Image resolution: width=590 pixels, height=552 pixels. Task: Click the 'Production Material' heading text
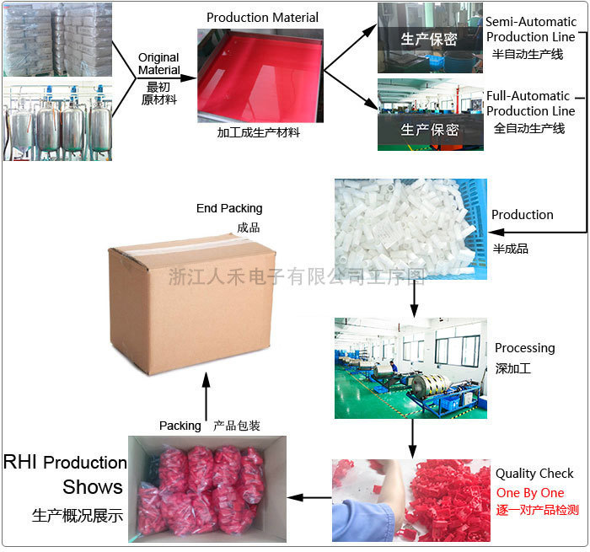[x=262, y=18]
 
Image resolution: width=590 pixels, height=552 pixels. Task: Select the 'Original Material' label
[x=159, y=64]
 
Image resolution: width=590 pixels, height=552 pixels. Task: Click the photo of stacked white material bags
[x=57, y=40]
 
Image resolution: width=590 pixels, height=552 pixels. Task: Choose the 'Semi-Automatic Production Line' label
[x=530, y=29]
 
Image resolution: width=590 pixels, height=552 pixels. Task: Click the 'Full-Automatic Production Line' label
[x=530, y=104]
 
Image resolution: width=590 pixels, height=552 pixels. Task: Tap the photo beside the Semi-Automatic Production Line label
[x=430, y=37]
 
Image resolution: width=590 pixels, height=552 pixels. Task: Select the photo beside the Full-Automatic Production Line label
[x=430, y=115]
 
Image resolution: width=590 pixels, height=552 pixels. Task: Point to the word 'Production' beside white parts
[x=523, y=215]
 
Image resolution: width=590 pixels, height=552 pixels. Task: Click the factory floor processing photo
[x=410, y=367]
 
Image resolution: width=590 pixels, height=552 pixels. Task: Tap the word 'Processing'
[x=524, y=348]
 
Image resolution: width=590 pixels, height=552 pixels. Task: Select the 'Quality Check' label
[x=534, y=474]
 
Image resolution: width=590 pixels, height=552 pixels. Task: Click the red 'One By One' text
[x=530, y=492]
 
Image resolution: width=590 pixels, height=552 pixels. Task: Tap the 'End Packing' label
[x=229, y=208]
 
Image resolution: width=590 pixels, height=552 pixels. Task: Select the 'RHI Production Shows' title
[x=66, y=474]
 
